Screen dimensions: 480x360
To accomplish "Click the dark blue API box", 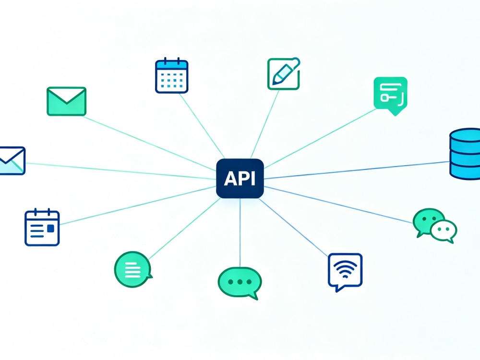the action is pyautogui.click(x=240, y=179).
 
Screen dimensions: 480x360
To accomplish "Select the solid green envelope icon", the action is pyautogui.click(x=66, y=101).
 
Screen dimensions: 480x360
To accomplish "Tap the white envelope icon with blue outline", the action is pyautogui.click(x=12, y=161).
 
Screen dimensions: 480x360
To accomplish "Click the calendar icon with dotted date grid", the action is pyautogui.click(x=172, y=75).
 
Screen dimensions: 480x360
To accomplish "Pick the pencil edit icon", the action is pyautogui.click(x=284, y=74).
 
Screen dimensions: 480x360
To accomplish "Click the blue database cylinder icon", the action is pyautogui.click(x=465, y=154).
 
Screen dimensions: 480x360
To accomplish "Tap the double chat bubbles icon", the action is pyautogui.click(x=435, y=226).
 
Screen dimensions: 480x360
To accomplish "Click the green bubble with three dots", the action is pyautogui.click(x=240, y=283).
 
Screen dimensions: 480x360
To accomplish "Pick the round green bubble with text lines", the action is pyautogui.click(x=133, y=269).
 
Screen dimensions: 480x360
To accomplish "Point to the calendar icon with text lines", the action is pyautogui.click(x=42, y=227).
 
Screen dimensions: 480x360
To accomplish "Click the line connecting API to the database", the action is pyautogui.click(x=356, y=170).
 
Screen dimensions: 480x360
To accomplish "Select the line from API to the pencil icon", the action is pyautogui.click(x=265, y=124).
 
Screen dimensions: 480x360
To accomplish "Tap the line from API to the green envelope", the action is pyautogui.click(x=149, y=143).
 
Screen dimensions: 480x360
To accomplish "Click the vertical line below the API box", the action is pyautogui.click(x=240, y=233).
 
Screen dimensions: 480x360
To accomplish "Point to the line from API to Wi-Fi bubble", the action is pyautogui.click(x=293, y=228).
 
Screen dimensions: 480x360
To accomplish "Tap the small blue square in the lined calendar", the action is pyautogui.click(x=50, y=228).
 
